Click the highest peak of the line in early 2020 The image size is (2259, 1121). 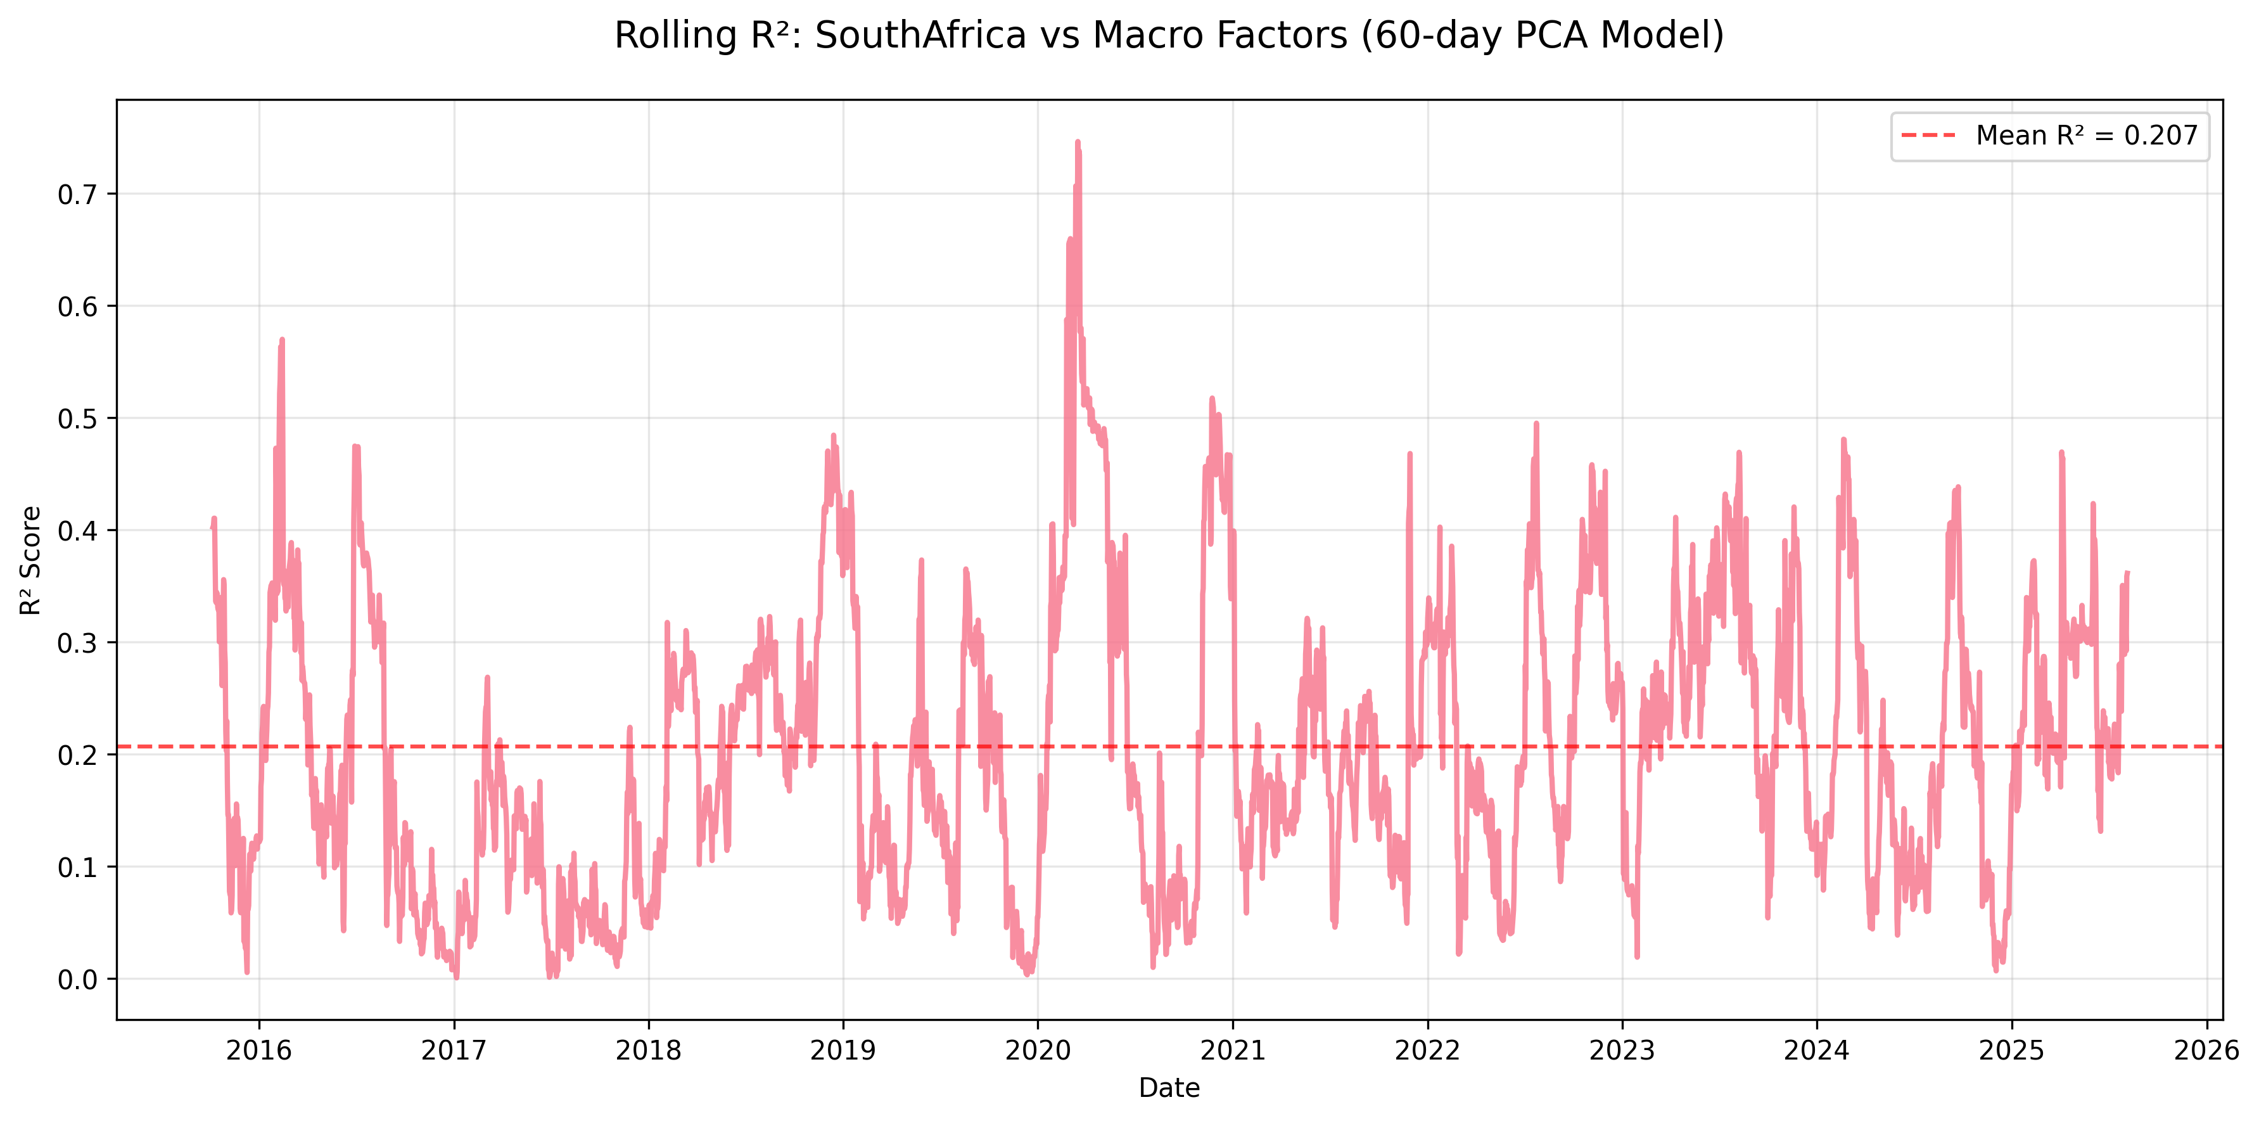(1077, 141)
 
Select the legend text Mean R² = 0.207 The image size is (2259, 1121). (2086, 136)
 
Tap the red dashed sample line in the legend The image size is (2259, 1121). (1928, 136)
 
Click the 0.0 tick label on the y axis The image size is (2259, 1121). (77, 980)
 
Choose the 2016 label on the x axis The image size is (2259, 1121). (258, 1050)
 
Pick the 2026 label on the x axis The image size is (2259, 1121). (2206, 1050)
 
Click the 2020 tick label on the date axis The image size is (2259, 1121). (1038, 1050)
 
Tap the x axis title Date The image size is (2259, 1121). (1168, 1087)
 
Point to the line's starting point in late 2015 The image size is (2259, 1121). (212, 527)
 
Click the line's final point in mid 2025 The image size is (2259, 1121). (2127, 573)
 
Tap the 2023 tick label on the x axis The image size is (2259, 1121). (1622, 1050)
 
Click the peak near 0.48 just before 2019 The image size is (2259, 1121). (833, 435)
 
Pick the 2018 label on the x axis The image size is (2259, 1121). (648, 1050)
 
